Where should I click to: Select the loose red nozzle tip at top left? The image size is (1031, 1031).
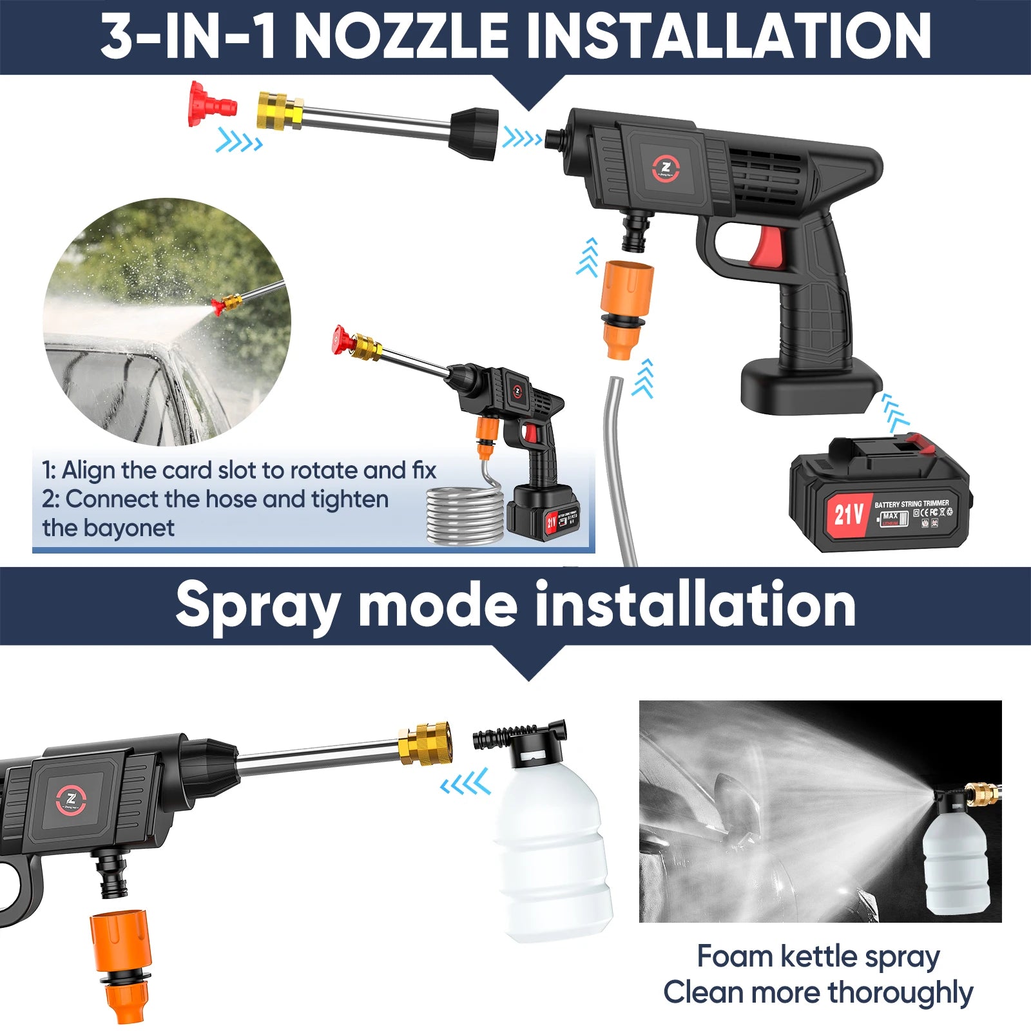pos(211,104)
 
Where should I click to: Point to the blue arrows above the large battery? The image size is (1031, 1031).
pos(894,413)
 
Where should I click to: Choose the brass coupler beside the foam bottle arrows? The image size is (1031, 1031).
pos(425,742)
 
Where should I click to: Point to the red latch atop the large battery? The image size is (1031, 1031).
pos(918,443)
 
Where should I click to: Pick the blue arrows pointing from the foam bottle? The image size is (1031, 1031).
pos(465,784)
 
